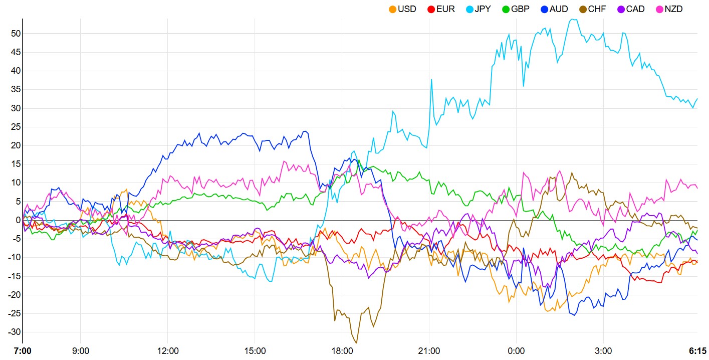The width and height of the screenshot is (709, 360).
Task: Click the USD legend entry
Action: pos(402,9)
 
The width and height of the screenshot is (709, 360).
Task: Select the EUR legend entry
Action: pos(441,9)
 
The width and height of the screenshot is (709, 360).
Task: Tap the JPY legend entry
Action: pos(480,9)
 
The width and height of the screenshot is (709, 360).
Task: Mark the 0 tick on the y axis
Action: pos(17,220)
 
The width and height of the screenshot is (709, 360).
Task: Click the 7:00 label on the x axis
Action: pos(23,350)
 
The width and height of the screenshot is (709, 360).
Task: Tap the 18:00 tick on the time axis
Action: pos(342,350)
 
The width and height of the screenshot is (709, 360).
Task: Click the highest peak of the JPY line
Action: pos(572,19)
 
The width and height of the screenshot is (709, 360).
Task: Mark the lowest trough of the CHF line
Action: pos(356,343)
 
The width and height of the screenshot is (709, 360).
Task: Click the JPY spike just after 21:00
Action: pos(431,79)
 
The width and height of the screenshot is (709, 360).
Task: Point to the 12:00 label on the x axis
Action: pos(168,350)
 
